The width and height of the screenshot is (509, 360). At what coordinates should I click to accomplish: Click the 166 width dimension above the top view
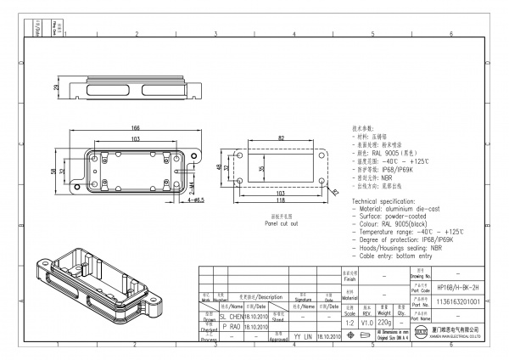[x=135, y=127]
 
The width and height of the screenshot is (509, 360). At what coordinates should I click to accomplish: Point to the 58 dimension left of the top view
[x=53, y=171]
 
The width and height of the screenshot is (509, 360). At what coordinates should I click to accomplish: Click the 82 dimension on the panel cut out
[x=281, y=137]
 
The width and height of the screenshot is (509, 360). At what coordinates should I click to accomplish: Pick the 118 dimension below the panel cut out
[x=281, y=201]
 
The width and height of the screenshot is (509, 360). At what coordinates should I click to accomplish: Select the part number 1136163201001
[x=457, y=301]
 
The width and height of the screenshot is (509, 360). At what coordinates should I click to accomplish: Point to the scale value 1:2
[x=350, y=323]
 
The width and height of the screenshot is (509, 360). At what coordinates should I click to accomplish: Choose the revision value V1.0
[x=367, y=323]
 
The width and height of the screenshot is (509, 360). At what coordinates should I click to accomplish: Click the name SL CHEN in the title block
[x=230, y=315]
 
